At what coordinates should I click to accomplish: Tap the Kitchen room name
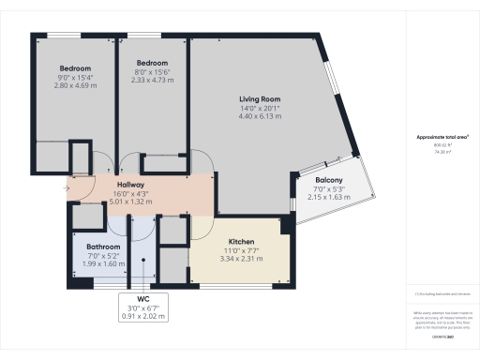[236, 241]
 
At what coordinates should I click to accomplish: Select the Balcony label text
[328, 180]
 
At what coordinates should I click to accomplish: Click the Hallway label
[129, 185]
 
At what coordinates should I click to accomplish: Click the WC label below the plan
[143, 299]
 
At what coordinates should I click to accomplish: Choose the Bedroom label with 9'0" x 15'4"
[75, 68]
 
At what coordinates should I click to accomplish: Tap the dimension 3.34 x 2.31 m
[236, 258]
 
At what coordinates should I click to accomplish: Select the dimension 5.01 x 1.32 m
[129, 202]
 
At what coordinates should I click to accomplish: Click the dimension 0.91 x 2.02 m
[143, 316]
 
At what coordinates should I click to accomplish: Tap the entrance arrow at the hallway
[66, 187]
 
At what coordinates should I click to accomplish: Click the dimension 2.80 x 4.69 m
[75, 85]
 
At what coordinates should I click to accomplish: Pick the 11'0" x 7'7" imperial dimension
[236, 249]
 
